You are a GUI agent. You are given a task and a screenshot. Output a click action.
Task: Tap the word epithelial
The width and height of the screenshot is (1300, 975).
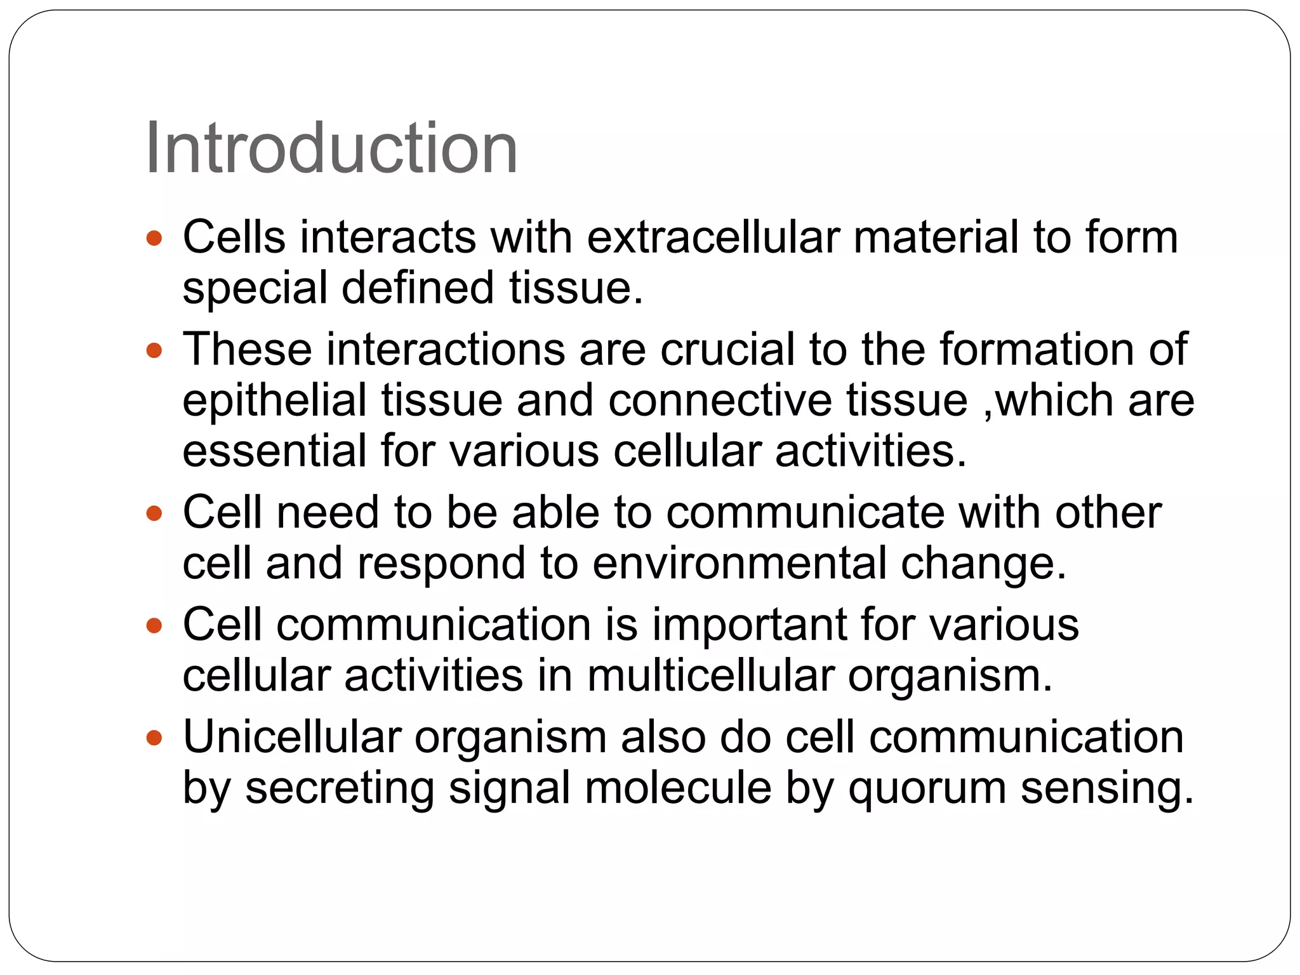(x=275, y=401)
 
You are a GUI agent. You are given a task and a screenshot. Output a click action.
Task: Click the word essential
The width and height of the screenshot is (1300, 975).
(x=275, y=451)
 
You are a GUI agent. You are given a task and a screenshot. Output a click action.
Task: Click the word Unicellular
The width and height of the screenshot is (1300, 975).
(x=292, y=737)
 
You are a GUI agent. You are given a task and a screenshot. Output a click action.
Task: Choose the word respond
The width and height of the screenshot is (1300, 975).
(x=441, y=564)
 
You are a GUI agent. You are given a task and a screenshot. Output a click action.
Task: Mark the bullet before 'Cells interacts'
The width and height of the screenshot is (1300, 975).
(x=154, y=239)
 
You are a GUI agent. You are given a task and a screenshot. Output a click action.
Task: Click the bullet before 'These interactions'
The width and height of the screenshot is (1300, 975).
(x=154, y=350)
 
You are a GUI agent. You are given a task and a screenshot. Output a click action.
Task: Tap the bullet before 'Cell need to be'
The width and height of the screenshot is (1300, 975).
(x=154, y=513)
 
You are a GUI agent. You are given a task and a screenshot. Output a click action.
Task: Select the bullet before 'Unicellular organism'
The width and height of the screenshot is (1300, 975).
(x=154, y=738)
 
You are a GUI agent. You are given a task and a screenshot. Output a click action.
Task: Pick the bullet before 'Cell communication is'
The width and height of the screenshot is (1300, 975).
(x=154, y=626)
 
